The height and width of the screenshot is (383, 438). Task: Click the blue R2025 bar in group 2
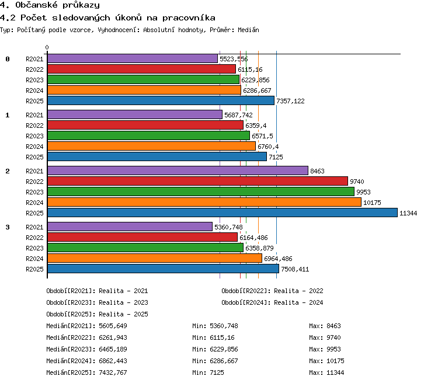click(223, 213)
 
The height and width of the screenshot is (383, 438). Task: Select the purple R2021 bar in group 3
click(130, 227)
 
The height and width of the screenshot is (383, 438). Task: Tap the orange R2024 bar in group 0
click(144, 90)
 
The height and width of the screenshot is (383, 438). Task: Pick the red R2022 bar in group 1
click(145, 125)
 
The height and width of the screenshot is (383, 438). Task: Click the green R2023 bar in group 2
click(201, 191)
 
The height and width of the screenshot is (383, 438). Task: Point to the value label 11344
click(408, 213)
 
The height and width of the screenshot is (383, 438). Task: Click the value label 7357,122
click(290, 101)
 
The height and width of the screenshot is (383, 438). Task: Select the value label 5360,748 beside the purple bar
click(228, 227)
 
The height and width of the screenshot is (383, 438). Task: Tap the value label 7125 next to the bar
click(276, 157)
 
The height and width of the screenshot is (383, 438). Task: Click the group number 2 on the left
click(8, 171)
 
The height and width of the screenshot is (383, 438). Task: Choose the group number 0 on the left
click(8, 59)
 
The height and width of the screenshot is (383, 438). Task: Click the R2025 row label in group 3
click(34, 269)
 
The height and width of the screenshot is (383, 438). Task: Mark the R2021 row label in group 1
click(34, 115)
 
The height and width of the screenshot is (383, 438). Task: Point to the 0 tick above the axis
click(47, 47)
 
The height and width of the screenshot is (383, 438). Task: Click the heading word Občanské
click(36, 5)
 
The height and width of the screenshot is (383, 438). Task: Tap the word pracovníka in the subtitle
click(189, 18)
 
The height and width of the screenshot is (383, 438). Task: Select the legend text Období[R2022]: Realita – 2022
click(272, 291)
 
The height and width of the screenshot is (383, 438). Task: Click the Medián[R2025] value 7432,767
click(113, 372)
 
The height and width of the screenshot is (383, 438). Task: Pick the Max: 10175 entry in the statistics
click(326, 361)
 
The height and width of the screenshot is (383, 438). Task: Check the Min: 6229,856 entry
click(215, 349)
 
